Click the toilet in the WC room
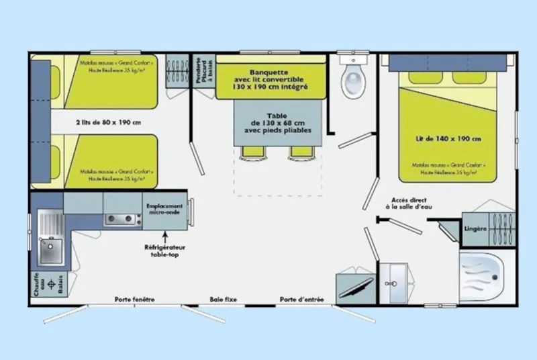click(352, 79)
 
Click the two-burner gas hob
click(120, 219)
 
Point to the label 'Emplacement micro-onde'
click(164, 208)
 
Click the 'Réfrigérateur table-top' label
click(164, 251)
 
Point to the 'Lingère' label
click(475, 228)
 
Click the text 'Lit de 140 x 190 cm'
click(448, 139)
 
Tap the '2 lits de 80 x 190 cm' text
click(108, 122)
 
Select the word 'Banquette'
click(268, 73)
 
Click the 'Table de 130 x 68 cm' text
click(277, 123)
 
